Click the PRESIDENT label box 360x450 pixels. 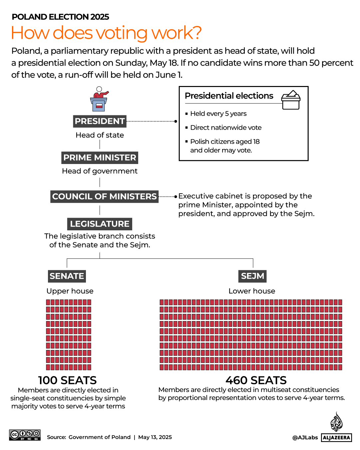click(100, 121)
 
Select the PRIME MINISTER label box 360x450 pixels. click(100, 158)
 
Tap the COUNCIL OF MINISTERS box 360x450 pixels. click(104, 197)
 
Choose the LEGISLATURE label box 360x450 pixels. click(100, 224)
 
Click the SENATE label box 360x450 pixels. click(67, 276)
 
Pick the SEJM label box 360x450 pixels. click(252, 276)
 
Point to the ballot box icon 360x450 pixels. click(291, 100)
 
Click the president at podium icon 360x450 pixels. click(99, 99)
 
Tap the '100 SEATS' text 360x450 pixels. click(67, 380)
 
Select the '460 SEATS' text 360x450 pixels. click(256, 380)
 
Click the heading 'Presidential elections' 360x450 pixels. click(229, 96)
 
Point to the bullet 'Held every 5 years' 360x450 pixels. click(218, 114)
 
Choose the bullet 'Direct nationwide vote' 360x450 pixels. click(225, 128)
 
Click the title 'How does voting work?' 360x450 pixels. click(106, 33)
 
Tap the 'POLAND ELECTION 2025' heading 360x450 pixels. click(60, 17)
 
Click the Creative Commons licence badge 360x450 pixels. click(25, 435)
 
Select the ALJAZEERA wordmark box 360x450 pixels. click(336, 438)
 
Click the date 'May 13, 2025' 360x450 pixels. click(155, 437)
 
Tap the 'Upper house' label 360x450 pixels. click(70, 291)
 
